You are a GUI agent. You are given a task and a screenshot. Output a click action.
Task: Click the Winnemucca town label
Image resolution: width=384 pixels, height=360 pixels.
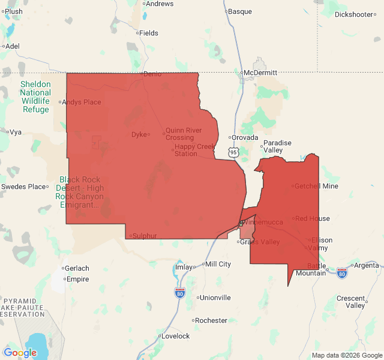[x=263, y=222]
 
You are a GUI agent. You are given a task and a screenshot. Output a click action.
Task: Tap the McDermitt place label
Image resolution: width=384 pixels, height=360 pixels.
[x=260, y=73]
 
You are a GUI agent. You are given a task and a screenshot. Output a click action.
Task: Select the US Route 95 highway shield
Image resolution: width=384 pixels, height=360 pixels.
[x=233, y=153]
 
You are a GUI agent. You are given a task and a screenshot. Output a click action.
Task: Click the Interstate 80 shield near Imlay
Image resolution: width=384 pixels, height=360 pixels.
[x=180, y=292]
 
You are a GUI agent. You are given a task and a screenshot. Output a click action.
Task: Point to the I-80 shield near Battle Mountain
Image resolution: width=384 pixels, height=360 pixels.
[x=341, y=272]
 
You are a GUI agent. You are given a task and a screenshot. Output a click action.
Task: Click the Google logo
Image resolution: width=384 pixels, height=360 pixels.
[x=20, y=353]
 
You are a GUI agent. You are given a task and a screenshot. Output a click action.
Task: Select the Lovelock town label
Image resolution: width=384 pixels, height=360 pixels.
[x=175, y=336]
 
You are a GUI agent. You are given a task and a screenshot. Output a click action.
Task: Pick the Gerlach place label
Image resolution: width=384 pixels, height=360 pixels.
[x=77, y=268]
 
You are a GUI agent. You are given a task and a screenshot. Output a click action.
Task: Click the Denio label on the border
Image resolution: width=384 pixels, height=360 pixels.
[x=152, y=74]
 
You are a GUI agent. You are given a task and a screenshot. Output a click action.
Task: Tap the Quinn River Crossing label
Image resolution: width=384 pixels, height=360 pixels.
[x=179, y=134]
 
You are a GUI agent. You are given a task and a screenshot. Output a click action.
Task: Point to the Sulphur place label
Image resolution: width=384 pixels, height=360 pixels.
[x=144, y=236]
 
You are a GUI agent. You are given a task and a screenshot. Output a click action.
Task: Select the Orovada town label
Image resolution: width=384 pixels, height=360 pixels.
[x=245, y=137]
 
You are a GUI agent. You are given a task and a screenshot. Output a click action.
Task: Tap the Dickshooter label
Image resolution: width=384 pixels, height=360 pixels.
[x=354, y=14]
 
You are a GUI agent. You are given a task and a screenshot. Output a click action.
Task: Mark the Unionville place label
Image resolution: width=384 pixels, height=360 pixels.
[x=215, y=297]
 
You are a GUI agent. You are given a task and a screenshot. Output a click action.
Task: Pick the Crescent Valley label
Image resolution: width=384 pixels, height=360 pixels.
[x=351, y=302]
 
